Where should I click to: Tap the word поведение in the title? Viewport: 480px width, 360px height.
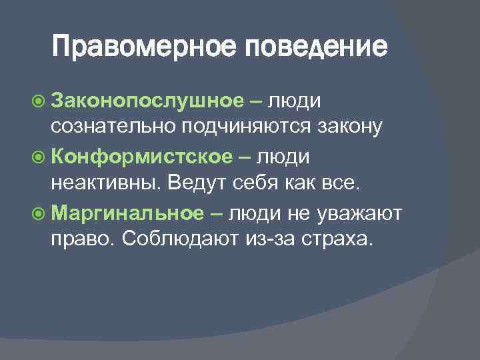coord(315,47)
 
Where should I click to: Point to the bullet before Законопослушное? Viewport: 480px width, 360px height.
coord(39,101)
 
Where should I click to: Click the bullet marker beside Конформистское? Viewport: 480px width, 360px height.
coord(39,157)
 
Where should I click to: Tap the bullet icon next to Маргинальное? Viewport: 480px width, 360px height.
coord(39,213)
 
